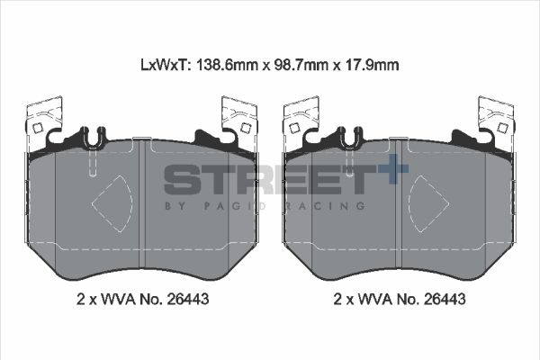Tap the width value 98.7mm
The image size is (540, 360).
point(300,65)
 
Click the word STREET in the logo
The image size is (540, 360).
point(265,179)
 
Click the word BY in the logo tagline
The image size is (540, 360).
point(174,205)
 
